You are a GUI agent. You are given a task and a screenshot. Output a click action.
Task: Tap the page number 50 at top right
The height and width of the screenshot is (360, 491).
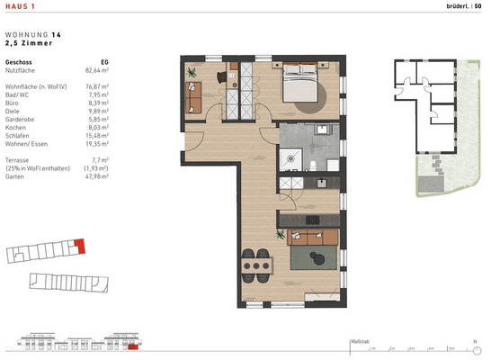coord(477,7)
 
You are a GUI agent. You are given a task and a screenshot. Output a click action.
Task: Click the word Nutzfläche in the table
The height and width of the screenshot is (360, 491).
coord(22,68)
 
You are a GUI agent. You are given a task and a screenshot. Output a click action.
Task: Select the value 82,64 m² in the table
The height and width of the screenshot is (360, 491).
coord(96,68)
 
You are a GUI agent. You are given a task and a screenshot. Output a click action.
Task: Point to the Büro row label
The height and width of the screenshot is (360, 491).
coord(13,103)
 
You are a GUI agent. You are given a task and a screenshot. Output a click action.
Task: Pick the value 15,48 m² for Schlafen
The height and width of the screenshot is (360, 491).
coord(96,133)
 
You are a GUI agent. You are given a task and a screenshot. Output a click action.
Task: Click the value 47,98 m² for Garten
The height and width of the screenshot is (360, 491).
coord(96,176)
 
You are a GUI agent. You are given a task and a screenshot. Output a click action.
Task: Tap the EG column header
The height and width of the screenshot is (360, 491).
coord(103,60)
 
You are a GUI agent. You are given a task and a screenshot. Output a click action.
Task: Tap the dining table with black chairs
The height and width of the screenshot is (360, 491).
coord(257,265)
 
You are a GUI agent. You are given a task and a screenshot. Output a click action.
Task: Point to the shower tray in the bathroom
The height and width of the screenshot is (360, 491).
coord(290,158)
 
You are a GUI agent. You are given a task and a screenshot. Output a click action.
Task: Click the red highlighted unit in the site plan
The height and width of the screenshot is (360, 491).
coord(78,244)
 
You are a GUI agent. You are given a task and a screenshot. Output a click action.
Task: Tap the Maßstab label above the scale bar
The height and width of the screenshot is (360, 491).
coord(359,342)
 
